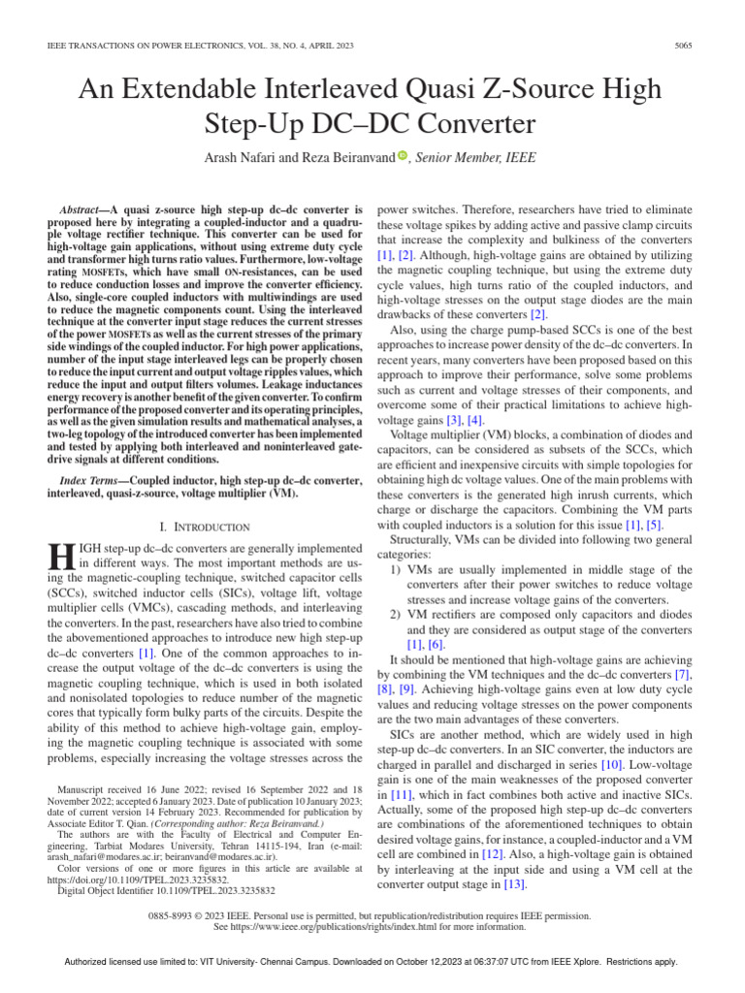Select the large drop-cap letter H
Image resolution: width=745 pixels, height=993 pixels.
[x=60, y=558]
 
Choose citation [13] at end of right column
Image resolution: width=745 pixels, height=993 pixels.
[x=511, y=883]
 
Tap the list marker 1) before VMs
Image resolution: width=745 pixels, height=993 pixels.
[x=397, y=569]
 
